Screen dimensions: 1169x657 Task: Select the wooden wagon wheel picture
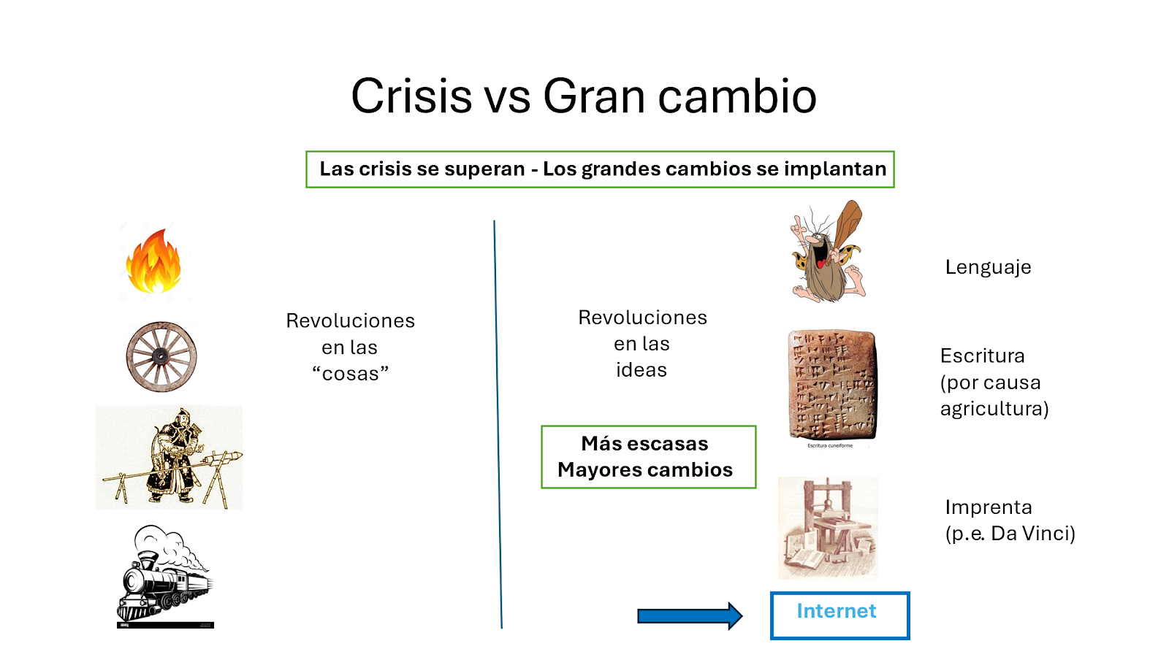coord(161,357)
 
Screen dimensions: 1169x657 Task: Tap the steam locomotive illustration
coord(165,576)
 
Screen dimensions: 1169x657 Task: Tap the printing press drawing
coord(828,528)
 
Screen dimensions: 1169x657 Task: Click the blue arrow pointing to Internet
coord(690,616)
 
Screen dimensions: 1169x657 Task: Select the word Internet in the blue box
coord(836,610)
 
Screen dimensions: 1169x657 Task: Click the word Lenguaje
coord(988,267)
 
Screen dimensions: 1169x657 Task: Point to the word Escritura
coord(982,356)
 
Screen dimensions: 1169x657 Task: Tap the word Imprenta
coord(989,507)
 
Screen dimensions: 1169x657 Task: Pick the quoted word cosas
coord(350,373)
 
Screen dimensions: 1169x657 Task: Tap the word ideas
coord(641,369)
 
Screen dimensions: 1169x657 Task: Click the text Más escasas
coord(644,443)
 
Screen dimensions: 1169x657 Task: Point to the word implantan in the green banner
coord(835,169)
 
